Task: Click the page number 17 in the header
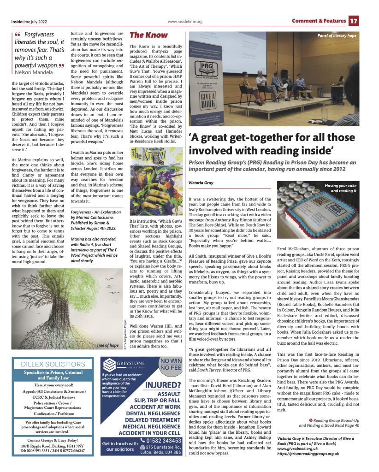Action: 354,21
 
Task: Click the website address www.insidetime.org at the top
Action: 185,21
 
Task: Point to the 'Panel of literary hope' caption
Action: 337,35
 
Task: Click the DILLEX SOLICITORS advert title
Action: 53,364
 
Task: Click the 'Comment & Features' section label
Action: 318,21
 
